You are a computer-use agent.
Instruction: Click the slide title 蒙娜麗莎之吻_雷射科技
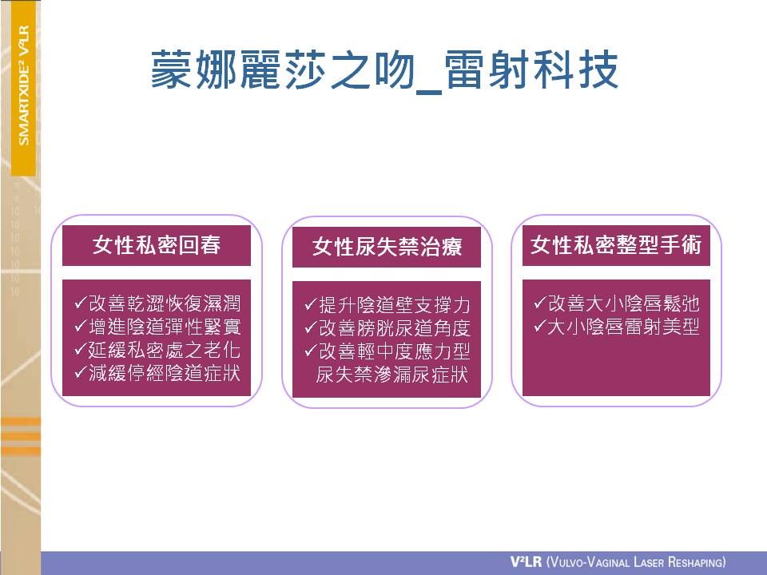click(x=384, y=70)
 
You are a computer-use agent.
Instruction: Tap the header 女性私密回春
click(x=157, y=245)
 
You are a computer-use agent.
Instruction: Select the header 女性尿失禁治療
click(x=387, y=247)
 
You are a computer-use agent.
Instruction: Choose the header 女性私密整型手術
click(x=616, y=245)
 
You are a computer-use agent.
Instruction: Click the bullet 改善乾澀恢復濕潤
click(x=165, y=303)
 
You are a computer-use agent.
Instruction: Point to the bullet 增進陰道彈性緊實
click(x=165, y=327)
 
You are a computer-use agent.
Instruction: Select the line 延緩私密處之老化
click(x=165, y=350)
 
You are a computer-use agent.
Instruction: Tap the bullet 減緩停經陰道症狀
click(x=165, y=374)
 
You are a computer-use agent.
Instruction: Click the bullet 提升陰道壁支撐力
click(x=394, y=305)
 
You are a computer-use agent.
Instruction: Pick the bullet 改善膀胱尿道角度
click(x=394, y=328)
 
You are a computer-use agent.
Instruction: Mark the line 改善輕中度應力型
click(x=394, y=351)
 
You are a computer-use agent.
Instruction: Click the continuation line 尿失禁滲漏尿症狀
click(x=391, y=375)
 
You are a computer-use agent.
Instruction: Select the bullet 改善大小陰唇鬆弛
click(x=624, y=303)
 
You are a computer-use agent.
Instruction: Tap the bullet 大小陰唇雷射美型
click(x=624, y=327)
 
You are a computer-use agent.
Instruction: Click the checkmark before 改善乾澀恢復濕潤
click(x=81, y=303)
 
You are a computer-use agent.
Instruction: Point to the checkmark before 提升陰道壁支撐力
click(x=311, y=304)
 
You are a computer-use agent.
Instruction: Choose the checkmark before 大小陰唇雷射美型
click(x=541, y=326)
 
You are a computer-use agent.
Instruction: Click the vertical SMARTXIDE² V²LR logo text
click(x=23, y=85)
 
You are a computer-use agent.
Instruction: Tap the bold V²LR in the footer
click(x=526, y=561)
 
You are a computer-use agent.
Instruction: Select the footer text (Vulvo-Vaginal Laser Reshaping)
click(x=636, y=561)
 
